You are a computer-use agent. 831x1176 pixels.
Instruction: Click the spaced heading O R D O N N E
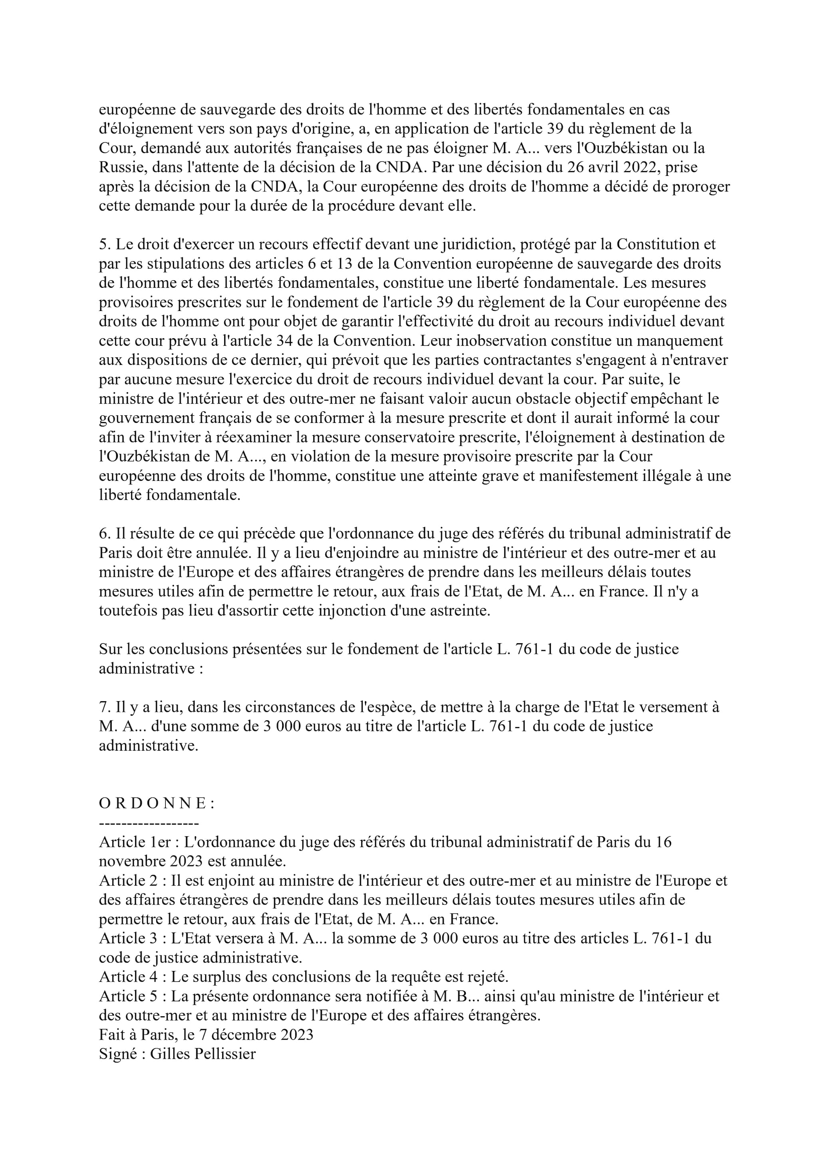coord(156,803)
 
